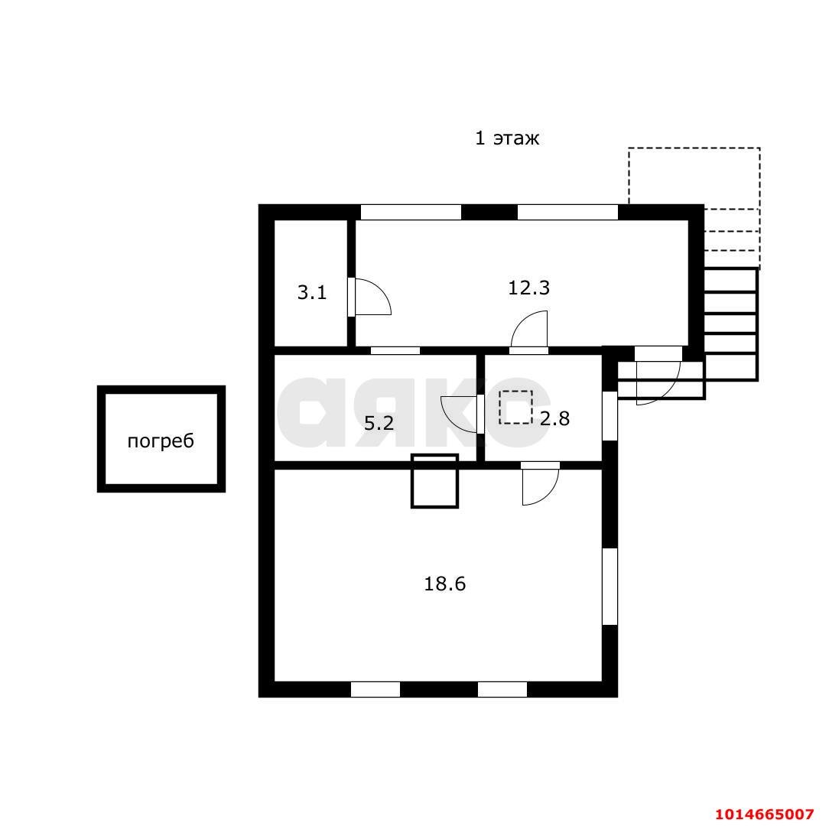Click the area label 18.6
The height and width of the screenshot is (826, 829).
click(x=444, y=584)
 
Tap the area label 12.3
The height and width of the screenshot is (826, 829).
click(x=528, y=288)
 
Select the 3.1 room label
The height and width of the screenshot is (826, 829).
click(x=312, y=292)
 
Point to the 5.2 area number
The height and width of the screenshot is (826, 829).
click(x=379, y=424)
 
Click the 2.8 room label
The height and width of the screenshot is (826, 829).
click(x=554, y=419)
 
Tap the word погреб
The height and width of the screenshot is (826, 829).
click(x=161, y=441)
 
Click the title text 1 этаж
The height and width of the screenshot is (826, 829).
click(x=507, y=138)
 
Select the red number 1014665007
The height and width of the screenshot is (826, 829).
click(x=764, y=813)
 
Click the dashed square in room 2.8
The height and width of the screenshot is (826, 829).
click(x=515, y=407)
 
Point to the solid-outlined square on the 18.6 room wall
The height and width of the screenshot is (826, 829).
click(x=434, y=481)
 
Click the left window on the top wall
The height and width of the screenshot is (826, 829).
click(x=411, y=212)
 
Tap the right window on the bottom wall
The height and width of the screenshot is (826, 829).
click(x=502, y=690)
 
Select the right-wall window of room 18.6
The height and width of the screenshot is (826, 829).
click(x=610, y=587)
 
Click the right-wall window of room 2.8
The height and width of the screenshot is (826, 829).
click(x=610, y=415)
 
